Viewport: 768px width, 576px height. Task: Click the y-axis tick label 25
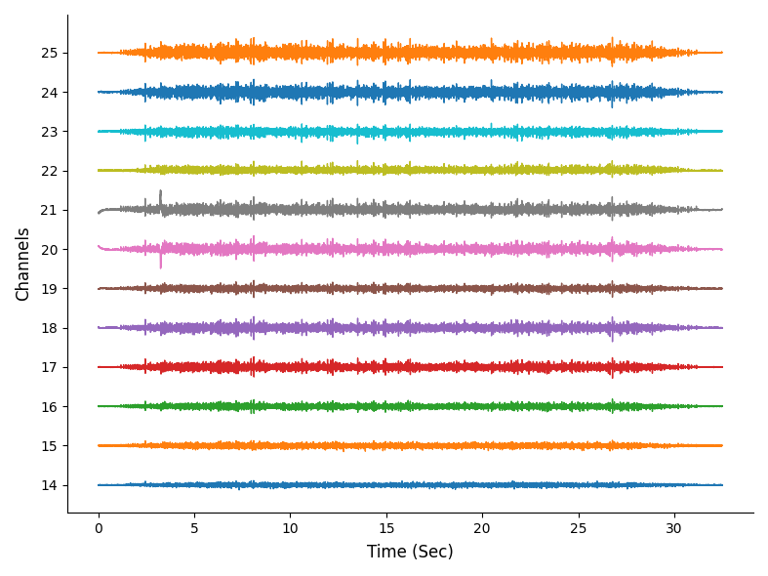[x=49, y=53]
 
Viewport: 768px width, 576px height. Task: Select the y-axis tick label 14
[x=49, y=485]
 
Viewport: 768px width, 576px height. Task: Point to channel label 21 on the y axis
[x=49, y=210]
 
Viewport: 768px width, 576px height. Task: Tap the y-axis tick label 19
[x=49, y=289]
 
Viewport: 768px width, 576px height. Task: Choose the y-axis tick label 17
[x=49, y=367]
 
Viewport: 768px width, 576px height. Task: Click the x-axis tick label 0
[x=98, y=528]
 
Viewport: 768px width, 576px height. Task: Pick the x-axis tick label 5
[x=194, y=528]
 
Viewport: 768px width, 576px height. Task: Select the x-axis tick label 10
[x=290, y=528]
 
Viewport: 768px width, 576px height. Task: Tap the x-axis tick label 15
[x=385, y=528]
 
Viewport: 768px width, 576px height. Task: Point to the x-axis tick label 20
[x=482, y=528]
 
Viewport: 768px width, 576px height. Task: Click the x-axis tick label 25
[x=578, y=528]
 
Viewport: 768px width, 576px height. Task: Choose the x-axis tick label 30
[x=673, y=528]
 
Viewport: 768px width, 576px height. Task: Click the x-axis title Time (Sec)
[x=410, y=552]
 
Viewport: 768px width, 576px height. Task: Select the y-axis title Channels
[x=23, y=264]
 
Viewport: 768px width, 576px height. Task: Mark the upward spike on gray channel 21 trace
[x=160, y=193]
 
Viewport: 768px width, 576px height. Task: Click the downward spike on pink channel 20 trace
[x=161, y=264]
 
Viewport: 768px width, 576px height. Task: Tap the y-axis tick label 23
[x=49, y=132]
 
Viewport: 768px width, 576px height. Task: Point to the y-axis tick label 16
[x=49, y=406]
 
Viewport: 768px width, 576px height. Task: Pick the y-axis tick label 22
[x=49, y=171]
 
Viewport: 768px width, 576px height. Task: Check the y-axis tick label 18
[x=49, y=328]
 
